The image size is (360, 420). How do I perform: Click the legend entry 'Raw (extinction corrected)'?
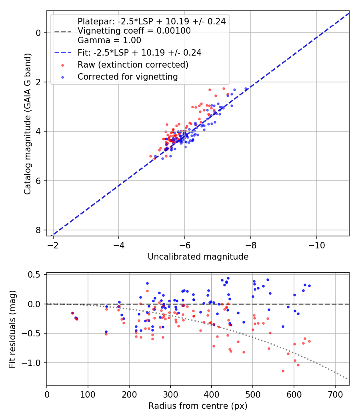pos(132,64)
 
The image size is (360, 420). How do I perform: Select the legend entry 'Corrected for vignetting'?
pos(128,76)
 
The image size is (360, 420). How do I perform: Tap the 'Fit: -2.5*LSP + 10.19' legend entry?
pos(139,52)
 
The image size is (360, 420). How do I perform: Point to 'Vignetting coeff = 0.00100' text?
pos(134,31)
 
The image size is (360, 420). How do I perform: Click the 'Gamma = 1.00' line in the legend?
pos(109,40)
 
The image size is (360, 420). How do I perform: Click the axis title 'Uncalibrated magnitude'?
pos(198,257)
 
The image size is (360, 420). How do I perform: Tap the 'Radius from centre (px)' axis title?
pos(198,406)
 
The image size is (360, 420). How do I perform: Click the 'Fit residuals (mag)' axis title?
pos(12,329)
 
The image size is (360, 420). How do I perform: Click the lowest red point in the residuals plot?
pos(283,371)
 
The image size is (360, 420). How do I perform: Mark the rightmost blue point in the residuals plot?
pos(309,286)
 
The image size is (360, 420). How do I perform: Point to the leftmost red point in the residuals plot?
pos(72,313)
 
